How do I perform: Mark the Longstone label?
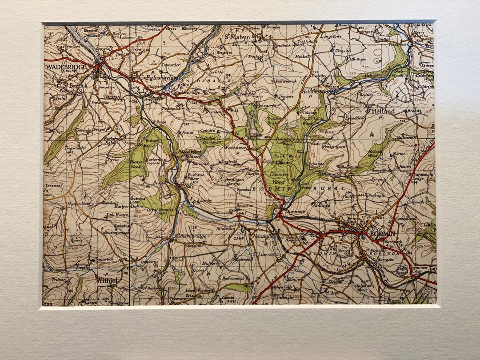331,36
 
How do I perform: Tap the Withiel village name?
108,280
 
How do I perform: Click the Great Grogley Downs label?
159,212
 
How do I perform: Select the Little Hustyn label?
117,215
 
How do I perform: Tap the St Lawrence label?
265,254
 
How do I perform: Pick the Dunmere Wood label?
278,179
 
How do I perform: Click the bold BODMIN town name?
380,234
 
